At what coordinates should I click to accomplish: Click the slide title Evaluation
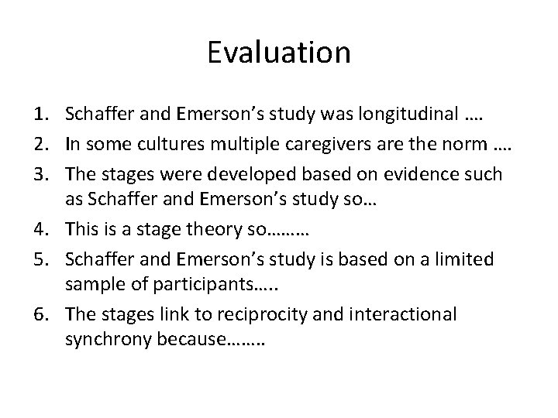[x=279, y=53]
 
